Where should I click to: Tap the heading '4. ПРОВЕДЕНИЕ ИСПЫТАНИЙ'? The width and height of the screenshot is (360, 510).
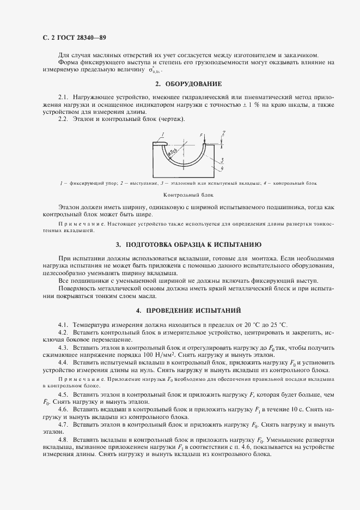pos(188,311)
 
